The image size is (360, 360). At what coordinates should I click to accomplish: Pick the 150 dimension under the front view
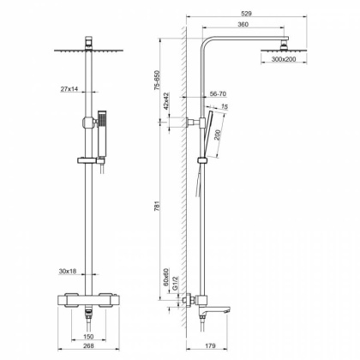[88, 338]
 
